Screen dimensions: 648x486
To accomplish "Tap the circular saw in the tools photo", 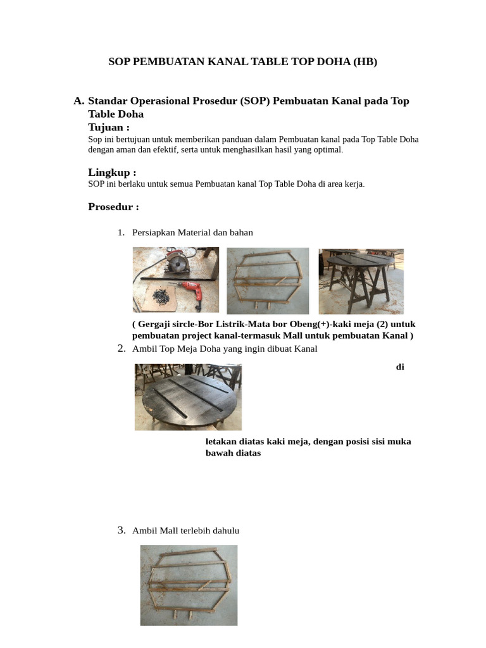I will pyautogui.click(x=179, y=260).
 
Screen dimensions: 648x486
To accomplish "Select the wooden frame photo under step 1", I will pyautogui.click(x=268, y=280).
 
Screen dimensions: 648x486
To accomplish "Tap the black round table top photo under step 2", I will pyautogui.click(x=188, y=397).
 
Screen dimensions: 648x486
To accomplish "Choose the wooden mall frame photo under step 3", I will pyautogui.click(x=189, y=585).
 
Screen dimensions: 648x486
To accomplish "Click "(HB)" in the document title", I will pyautogui.click(x=364, y=61).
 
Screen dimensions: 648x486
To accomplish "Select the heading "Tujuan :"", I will pyautogui.click(x=109, y=127).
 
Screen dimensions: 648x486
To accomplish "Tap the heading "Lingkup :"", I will pyautogui.click(x=112, y=173).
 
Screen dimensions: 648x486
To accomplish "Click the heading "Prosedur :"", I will pyautogui.click(x=113, y=207).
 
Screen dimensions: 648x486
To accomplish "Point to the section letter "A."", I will pyautogui.click(x=78, y=101).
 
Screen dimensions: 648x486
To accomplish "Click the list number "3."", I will pyautogui.click(x=122, y=530).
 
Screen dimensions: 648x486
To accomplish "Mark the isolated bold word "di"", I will pyautogui.click(x=400, y=367).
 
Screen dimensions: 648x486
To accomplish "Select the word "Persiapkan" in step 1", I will pyautogui.click(x=153, y=232).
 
